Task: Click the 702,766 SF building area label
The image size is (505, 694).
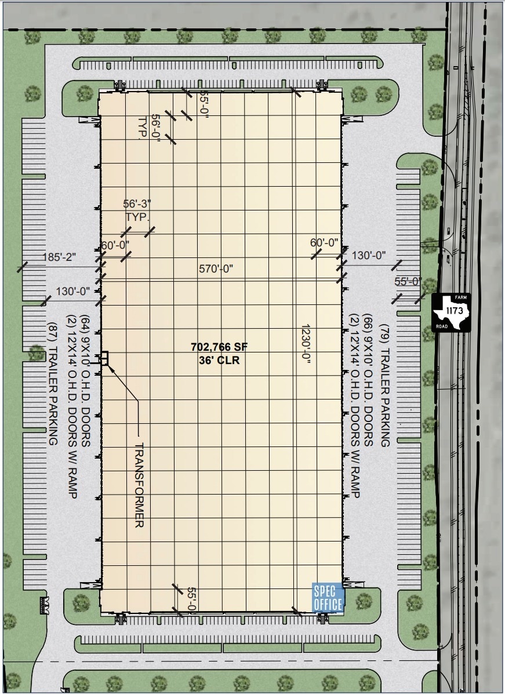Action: pyautogui.click(x=219, y=347)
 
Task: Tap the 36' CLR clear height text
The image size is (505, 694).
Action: pyautogui.click(x=219, y=359)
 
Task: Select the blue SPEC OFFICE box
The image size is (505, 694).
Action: pyautogui.click(x=328, y=598)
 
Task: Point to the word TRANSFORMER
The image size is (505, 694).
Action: pyautogui.click(x=139, y=485)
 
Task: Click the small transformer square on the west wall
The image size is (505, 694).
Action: pyautogui.click(x=104, y=357)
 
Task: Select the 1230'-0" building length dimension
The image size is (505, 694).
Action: pyautogui.click(x=306, y=343)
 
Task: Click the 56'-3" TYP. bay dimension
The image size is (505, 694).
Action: pyautogui.click(x=137, y=210)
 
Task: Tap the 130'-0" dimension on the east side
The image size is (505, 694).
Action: pyautogui.click(x=368, y=255)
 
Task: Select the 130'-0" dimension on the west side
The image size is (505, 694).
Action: pyautogui.click(x=73, y=291)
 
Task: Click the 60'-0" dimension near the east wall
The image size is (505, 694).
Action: pyautogui.click(x=325, y=242)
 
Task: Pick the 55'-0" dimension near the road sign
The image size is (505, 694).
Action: pyautogui.click(x=408, y=281)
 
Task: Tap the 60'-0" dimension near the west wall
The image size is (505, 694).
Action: pyautogui.click(x=115, y=245)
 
